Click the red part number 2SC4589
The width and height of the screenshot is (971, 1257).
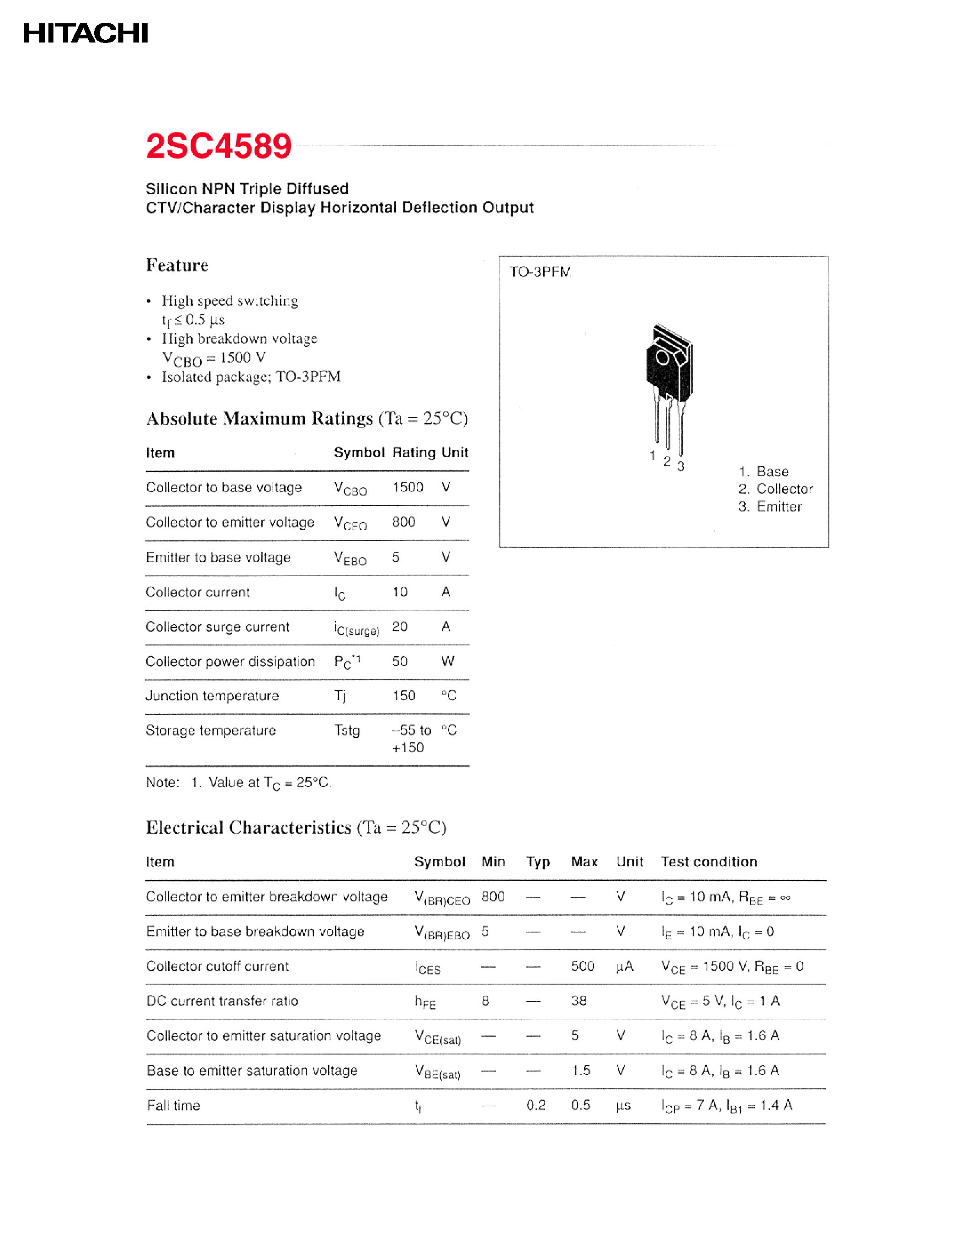(x=218, y=146)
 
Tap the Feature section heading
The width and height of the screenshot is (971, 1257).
(x=177, y=265)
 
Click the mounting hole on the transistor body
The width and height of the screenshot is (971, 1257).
(x=662, y=358)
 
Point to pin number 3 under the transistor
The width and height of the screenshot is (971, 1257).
(x=680, y=466)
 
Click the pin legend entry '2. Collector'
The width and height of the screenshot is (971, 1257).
(x=775, y=489)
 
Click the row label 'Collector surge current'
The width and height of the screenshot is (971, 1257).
(x=218, y=627)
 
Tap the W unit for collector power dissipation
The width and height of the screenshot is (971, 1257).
(x=447, y=661)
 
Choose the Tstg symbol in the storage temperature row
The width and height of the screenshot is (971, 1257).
(x=347, y=730)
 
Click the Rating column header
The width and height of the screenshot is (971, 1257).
(x=414, y=453)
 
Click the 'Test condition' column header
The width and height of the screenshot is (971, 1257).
(x=709, y=862)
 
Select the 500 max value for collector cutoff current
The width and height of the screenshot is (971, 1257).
(x=582, y=966)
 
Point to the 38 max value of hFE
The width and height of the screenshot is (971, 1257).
(x=578, y=1001)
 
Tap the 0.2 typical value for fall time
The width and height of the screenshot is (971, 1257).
(x=536, y=1105)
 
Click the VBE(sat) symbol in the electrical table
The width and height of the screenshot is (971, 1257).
(x=438, y=1072)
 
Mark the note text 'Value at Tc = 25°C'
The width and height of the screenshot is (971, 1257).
(x=269, y=783)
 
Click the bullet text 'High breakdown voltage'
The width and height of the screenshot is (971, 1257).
(x=239, y=338)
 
